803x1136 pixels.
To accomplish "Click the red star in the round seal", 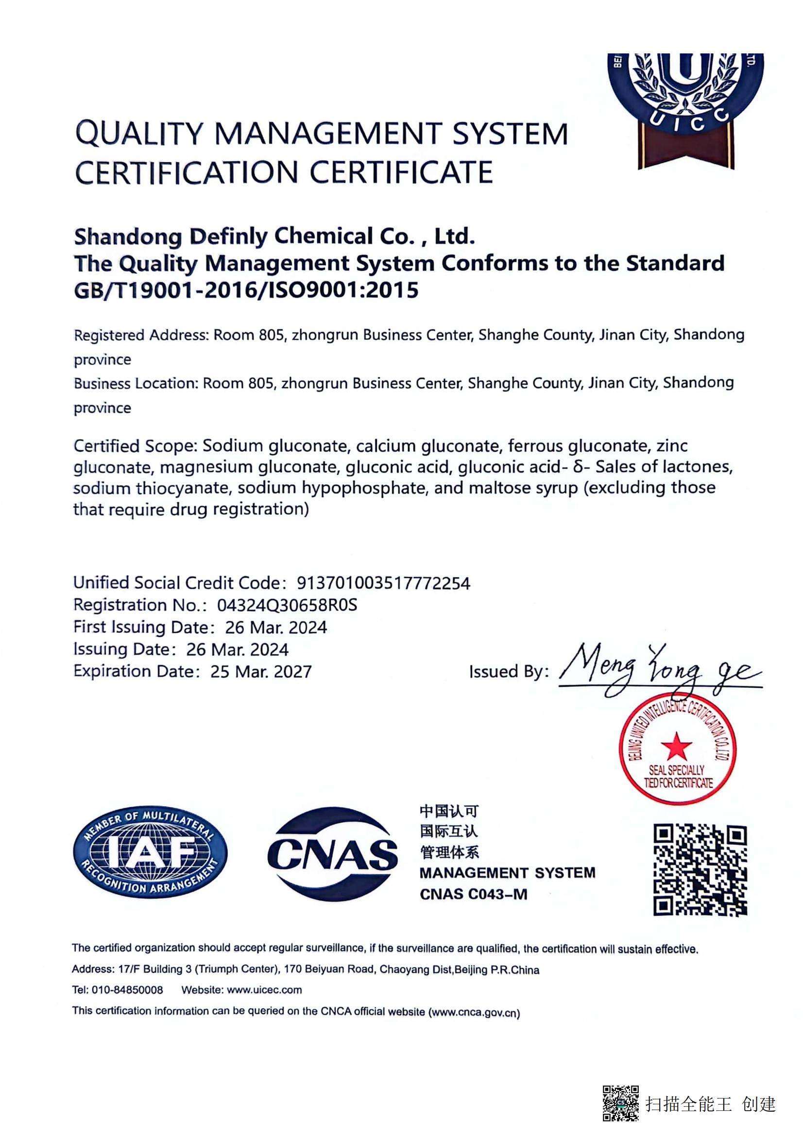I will tap(676, 746).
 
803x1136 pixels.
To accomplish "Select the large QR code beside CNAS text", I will tap(700, 869).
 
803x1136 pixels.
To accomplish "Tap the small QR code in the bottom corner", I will tap(620, 1103).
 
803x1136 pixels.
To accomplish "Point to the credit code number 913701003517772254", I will tap(383, 583).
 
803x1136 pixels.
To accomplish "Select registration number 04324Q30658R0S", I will tap(287, 605).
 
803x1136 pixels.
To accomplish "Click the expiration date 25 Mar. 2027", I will tap(261, 671).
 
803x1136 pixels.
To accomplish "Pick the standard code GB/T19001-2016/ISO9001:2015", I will tap(246, 290).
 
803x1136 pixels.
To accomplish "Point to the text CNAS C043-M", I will tap(474, 895).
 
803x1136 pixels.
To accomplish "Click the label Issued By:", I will tap(509, 671).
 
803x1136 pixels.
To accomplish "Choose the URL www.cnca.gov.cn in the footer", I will tap(474, 1013).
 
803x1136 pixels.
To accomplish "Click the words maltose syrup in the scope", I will tap(523, 488).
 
